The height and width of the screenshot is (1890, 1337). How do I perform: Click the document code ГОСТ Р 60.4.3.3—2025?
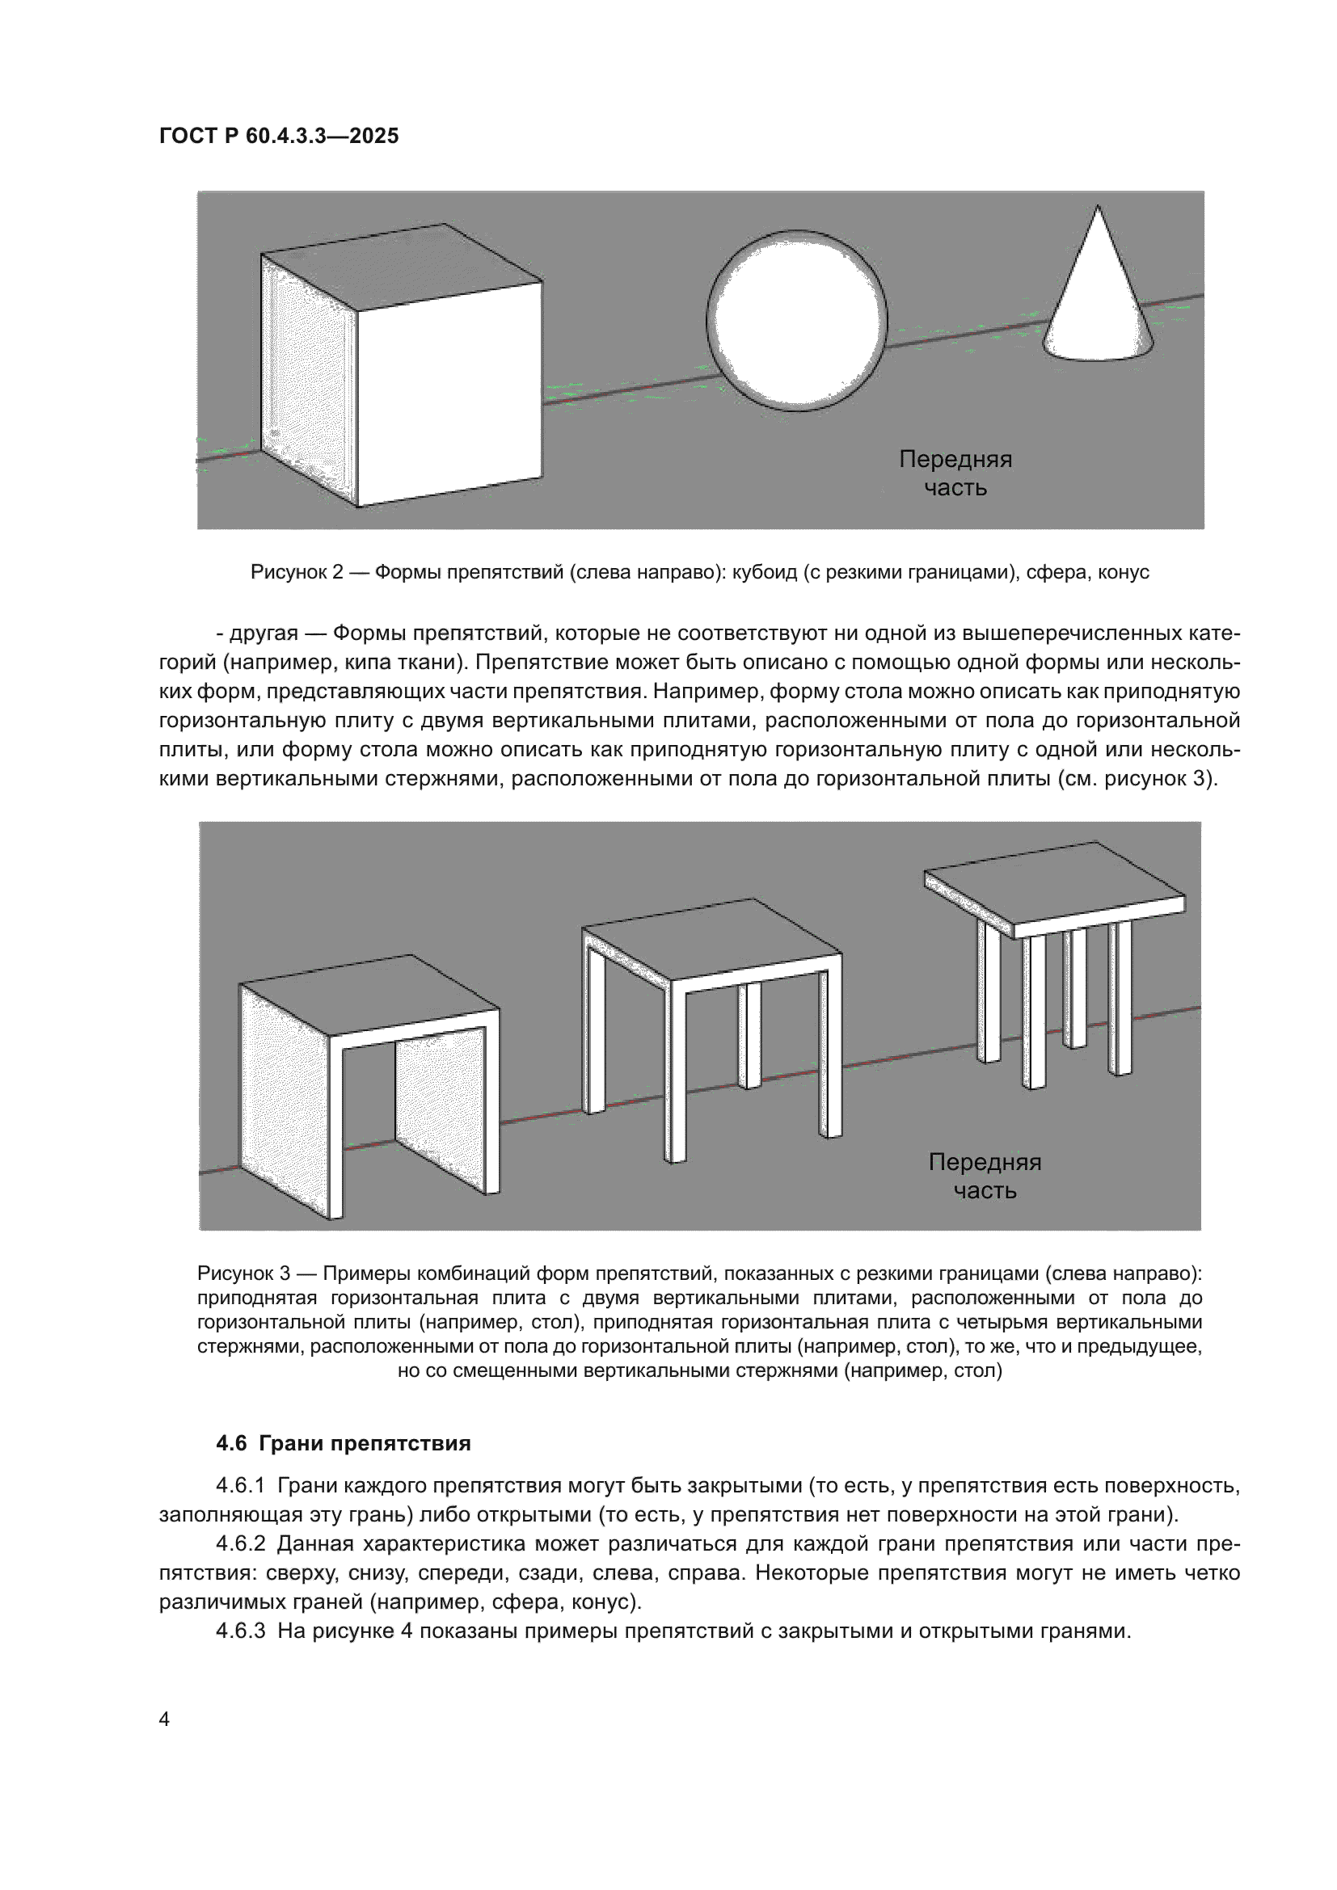click(x=279, y=136)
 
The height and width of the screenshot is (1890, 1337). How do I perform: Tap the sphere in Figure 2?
click(x=797, y=319)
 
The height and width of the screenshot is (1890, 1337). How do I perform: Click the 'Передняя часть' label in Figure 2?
click(x=955, y=474)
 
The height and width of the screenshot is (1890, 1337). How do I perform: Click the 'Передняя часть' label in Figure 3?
click(x=985, y=1177)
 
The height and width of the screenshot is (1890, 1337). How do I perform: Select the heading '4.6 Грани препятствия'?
click(x=344, y=1443)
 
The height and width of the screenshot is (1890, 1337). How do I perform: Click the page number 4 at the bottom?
click(x=164, y=1720)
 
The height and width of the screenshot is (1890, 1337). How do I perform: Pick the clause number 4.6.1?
click(x=240, y=1486)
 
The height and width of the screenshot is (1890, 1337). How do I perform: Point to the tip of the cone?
click(x=1097, y=209)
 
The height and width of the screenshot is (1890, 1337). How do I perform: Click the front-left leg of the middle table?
click(x=675, y=1079)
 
